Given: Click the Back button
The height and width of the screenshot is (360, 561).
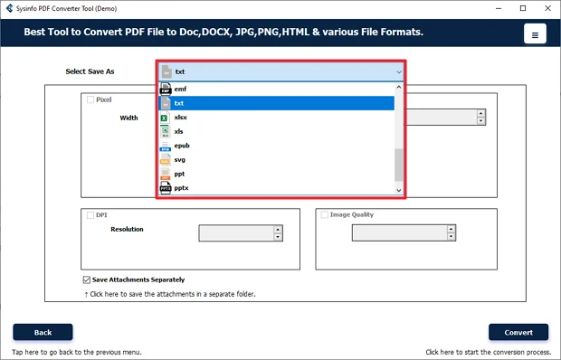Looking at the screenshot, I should tap(43, 332).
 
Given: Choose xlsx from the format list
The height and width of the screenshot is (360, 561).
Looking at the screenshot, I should tap(181, 118).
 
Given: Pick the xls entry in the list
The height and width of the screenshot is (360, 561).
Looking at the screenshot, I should tap(179, 131).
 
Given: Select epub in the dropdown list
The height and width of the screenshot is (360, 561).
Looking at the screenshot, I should tap(181, 146).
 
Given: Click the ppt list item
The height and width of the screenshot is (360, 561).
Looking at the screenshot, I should tap(179, 174).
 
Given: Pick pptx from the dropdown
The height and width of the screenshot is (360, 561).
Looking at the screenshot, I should tap(181, 187).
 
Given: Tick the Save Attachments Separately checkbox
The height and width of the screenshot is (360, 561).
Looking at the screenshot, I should tap(86, 279).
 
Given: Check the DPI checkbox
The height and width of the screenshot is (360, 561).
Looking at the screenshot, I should tap(90, 215).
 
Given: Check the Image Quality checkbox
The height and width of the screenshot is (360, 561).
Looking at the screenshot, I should tap(323, 215).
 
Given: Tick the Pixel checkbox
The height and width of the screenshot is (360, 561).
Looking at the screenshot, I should tap(90, 100).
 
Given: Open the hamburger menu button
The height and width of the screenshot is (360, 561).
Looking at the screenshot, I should tap(535, 35).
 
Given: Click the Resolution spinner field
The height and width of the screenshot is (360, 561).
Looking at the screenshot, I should tap(234, 232).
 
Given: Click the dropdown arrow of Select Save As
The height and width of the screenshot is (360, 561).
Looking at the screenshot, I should tap(398, 71).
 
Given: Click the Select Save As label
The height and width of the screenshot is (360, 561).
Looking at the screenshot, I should tap(90, 71).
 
